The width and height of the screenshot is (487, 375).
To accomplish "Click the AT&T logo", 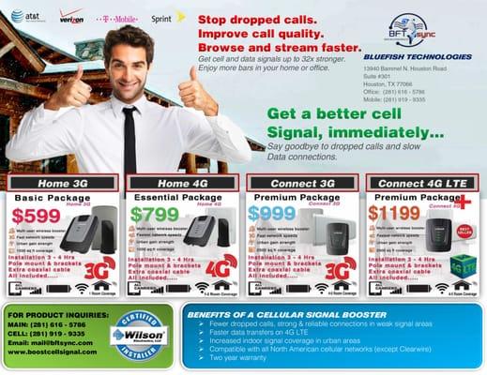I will (x=24, y=15).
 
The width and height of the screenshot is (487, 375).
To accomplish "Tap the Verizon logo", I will (x=71, y=15).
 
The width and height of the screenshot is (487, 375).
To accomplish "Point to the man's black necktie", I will (x=129, y=141).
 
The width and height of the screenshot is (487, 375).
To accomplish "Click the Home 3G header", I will (x=61, y=183).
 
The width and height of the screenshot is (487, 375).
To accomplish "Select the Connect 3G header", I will (x=300, y=183).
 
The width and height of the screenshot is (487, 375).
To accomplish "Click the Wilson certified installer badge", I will (x=137, y=334).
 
